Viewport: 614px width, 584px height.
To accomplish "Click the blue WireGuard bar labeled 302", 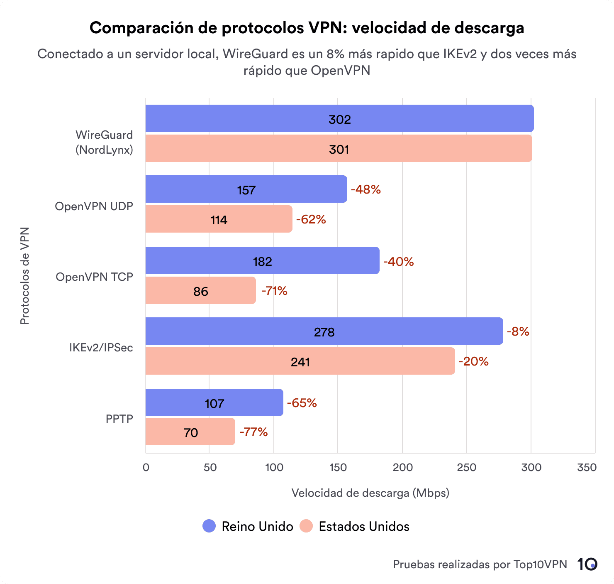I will pos(339,119).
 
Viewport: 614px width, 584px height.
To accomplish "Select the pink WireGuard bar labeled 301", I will pos(339,149).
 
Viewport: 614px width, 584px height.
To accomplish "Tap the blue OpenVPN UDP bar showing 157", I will pos(246,189).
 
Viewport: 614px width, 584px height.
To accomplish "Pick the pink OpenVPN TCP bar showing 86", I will pos(200,291).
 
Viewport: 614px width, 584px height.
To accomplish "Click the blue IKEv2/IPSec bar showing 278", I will pos(324,331).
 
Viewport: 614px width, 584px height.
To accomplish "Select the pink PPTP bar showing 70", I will pos(190,432).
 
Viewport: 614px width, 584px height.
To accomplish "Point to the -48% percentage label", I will pos(365,189).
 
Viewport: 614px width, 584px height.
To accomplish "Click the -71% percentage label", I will pos(274,291).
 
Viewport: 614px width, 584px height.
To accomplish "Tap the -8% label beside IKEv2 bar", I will pos(518,331).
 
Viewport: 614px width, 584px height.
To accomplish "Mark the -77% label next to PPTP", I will pos(253,432).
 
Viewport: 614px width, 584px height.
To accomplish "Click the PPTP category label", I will pos(119,419).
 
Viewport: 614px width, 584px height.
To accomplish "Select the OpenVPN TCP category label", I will pos(94,277).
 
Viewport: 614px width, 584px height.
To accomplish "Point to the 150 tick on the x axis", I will pos(338,467).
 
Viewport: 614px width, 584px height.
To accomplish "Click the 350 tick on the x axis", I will pos(587,467).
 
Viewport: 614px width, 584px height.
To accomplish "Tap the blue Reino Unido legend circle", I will pos(209,526).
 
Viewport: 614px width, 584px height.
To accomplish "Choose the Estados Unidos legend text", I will pos(364,526).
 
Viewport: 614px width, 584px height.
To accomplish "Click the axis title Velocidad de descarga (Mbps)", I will pos(370,493).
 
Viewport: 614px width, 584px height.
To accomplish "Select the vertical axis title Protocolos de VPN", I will pos(25,275).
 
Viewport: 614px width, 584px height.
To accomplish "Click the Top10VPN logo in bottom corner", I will pos(587,564).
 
